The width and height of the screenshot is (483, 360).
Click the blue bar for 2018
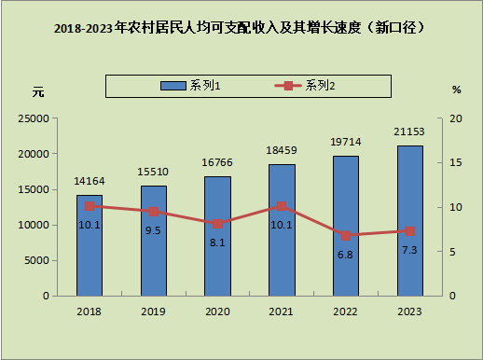click(90, 245)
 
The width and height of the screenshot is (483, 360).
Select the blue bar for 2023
click(410, 221)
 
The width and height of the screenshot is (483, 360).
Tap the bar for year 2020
click(217, 236)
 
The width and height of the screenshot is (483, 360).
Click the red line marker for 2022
click(346, 236)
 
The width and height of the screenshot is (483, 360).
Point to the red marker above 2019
click(154, 212)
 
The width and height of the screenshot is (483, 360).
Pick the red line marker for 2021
click(282, 206)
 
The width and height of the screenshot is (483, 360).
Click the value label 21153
click(409, 132)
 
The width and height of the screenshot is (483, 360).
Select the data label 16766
click(217, 162)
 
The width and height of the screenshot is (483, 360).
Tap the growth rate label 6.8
click(345, 255)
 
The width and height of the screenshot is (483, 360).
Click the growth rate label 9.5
click(153, 230)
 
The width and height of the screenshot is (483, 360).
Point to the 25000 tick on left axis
click(34, 118)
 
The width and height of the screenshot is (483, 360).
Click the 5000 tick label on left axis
click(36, 260)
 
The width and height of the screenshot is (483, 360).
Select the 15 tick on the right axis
click(456, 162)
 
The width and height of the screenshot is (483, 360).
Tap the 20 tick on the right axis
click(456, 118)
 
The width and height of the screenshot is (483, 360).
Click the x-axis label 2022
click(345, 312)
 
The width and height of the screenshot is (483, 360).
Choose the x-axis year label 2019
click(153, 312)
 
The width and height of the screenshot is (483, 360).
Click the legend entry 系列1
click(190, 86)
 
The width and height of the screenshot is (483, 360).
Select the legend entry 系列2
click(305, 86)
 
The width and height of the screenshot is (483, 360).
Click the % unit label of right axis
click(456, 90)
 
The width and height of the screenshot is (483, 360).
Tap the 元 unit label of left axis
click(38, 92)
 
